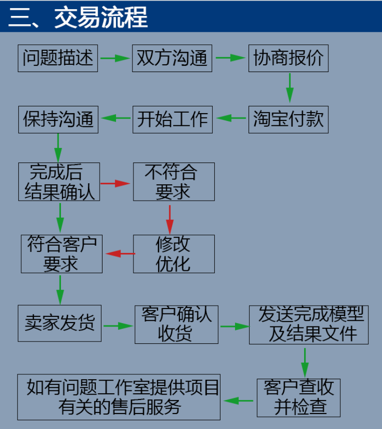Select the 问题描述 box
pos(58,58)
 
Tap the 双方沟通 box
pos(172,58)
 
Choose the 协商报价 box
pos(288,58)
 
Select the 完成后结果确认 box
pos(59,182)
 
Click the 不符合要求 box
pos(174,182)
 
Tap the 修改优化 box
pos(174,254)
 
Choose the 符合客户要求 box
pos(61,254)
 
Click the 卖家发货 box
pos(59,323)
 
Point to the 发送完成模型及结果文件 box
pos(309,325)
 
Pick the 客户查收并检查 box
pos(298,398)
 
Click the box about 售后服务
pos(118,397)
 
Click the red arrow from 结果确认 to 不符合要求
pos(116,183)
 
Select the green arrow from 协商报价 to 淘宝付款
pos(289,88)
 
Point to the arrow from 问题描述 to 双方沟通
pos(115,59)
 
